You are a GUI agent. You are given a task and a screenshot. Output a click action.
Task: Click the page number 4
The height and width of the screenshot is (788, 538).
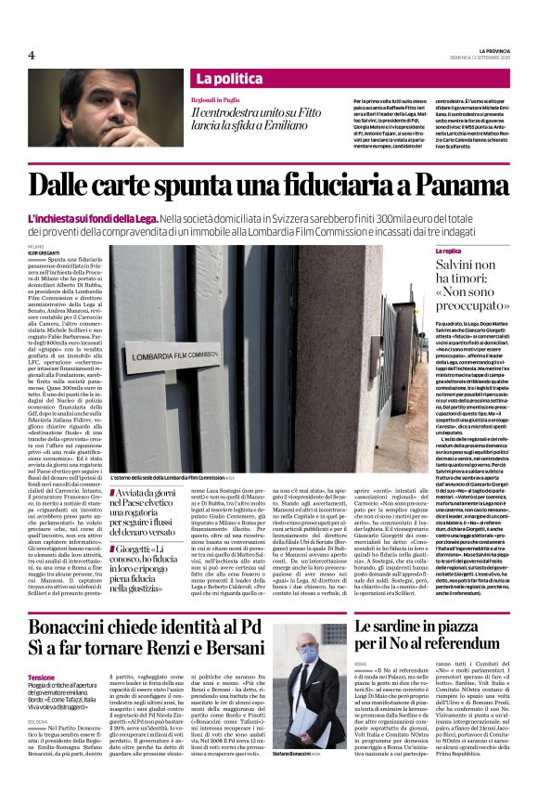click(x=32, y=55)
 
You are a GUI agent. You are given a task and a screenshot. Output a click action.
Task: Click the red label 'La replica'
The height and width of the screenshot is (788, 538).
click(x=449, y=251)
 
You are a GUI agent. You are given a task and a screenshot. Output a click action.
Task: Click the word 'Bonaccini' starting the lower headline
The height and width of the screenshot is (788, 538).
click(x=70, y=605)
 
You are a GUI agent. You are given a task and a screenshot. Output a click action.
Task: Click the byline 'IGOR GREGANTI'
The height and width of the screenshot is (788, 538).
click(x=43, y=252)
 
